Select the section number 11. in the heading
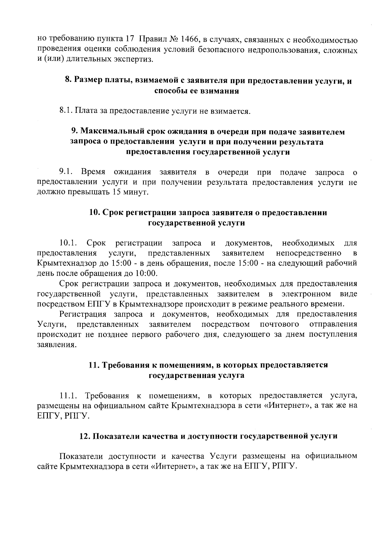point(94,365)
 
